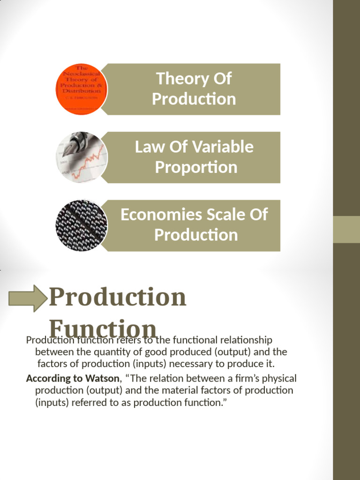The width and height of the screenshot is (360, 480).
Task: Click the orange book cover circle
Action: click(82, 89)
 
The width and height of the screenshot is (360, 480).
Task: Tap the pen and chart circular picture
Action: click(82, 157)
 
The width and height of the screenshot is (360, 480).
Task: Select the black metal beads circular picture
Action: click(82, 225)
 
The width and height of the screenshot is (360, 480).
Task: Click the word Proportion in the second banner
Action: click(196, 167)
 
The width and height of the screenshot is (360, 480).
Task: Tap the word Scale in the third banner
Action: click(215, 215)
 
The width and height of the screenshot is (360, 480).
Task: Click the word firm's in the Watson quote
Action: click(247, 378)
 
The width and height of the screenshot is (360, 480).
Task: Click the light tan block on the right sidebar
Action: click(346, 229)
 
